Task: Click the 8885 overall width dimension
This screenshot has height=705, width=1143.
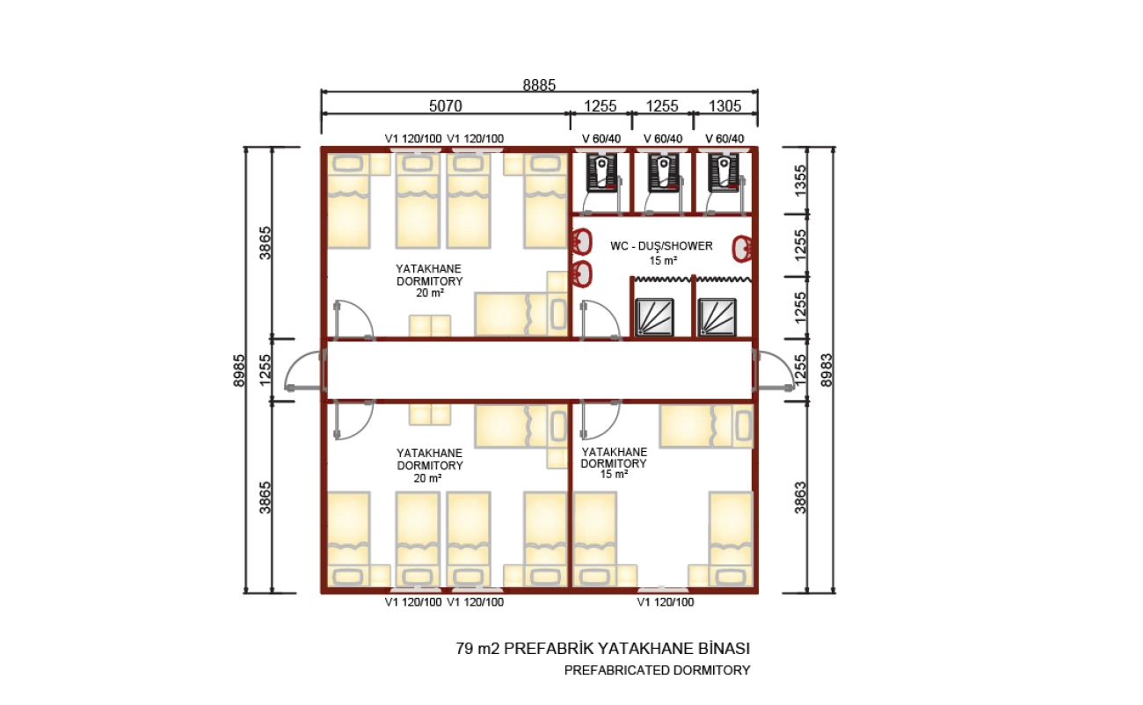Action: [x=539, y=84]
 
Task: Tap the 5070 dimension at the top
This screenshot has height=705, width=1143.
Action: [x=446, y=106]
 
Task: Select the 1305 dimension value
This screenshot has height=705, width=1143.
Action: [x=724, y=106]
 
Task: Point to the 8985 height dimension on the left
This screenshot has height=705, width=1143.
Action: [x=239, y=370]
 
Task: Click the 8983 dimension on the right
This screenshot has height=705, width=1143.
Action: [x=826, y=370]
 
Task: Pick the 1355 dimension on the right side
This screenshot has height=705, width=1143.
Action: [x=801, y=180]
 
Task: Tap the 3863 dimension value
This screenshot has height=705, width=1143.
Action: [x=801, y=498]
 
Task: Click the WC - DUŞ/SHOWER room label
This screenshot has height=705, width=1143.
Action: [x=661, y=246]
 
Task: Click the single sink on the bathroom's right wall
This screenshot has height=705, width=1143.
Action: [x=742, y=249]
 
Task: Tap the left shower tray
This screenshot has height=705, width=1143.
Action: [x=654, y=317]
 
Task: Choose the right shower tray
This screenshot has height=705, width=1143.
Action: [x=717, y=317]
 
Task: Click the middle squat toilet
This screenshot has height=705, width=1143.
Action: [x=663, y=173]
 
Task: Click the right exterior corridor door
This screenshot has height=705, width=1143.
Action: [x=774, y=370]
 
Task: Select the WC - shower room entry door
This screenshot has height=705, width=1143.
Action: [x=601, y=320]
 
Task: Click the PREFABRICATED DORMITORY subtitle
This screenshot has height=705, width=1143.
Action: [x=658, y=671]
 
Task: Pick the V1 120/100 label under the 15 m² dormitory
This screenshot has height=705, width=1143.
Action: [x=666, y=602]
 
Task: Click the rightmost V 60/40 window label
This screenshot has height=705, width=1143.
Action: [x=724, y=139]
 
